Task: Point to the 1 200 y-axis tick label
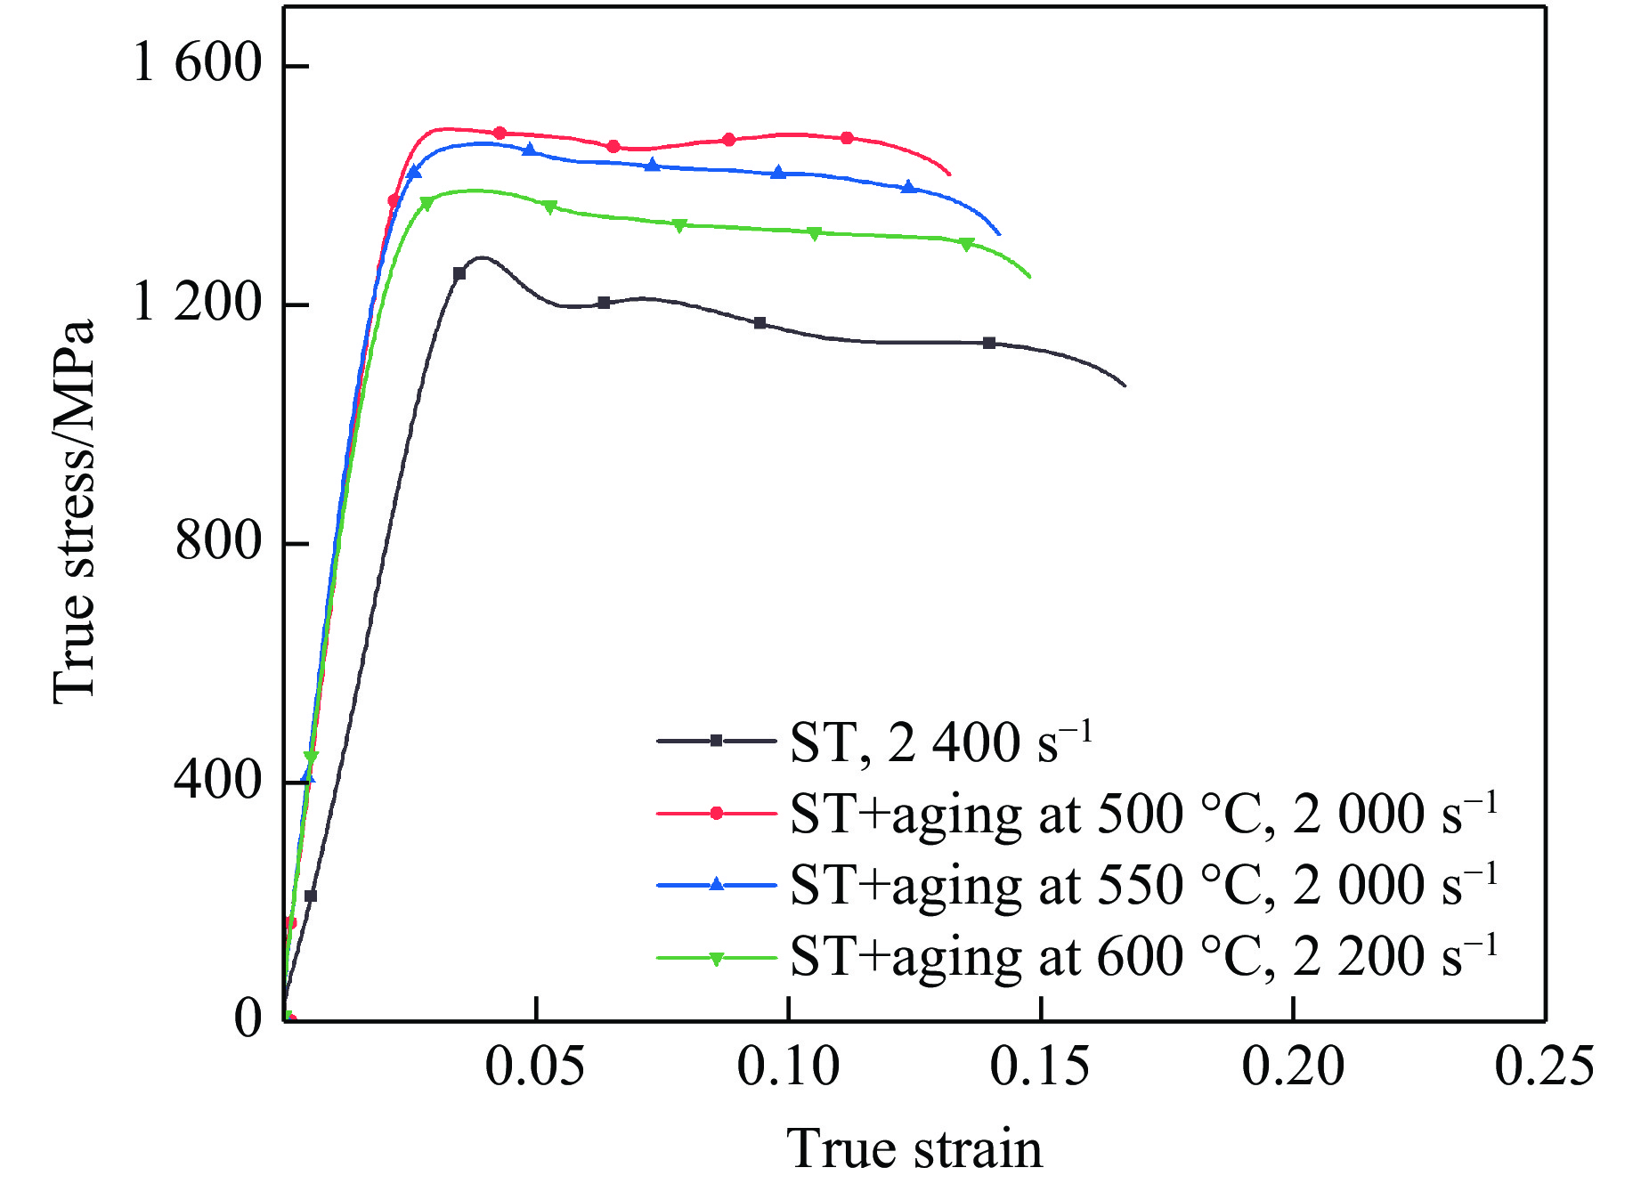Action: point(197,303)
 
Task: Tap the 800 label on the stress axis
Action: point(218,541)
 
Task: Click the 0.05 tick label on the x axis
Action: point(534,1066)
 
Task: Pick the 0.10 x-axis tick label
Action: point(788,1066)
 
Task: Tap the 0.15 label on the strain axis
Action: point(1040,1066)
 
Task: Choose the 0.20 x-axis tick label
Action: point(1293,1066)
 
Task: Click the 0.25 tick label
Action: point(1544,1066)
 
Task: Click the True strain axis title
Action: point(914,1148)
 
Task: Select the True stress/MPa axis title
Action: point(73,512)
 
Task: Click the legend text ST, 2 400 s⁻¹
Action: point(940,742)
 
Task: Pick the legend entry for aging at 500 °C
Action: point(1143,814)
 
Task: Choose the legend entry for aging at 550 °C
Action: point(1143,885)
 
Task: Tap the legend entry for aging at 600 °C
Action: point(1143,957)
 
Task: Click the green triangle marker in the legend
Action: point(716,959)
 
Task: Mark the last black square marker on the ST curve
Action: point(989,343)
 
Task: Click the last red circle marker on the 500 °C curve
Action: point(847,138)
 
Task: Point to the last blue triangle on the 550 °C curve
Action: point(908,187)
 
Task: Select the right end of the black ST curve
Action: point(1125,385)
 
